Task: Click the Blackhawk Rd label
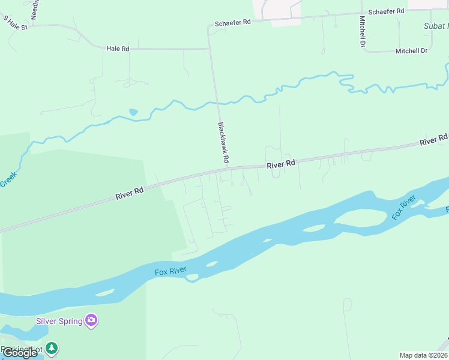(x=223, y=143)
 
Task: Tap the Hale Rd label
(x=118, y=48)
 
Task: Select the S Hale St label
(x=16, y=23)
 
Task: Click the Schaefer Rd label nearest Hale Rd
(x=232, y=22)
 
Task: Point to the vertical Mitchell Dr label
(x=363, y=31)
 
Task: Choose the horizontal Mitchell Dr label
(x=411, y=51)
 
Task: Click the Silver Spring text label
(x=59, y=321)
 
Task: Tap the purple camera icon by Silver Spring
(x=91, y=320)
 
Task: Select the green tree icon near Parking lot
(x=53, y=347)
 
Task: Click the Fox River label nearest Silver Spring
(x=170, y=272)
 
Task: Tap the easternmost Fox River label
(x=404, y=208)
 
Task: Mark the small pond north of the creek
(x=133, y=112)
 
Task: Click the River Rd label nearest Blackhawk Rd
(x=282, y=163)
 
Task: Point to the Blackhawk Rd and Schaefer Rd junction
(x=208, y=26)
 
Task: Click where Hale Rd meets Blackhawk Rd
(x=209, y=49)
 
